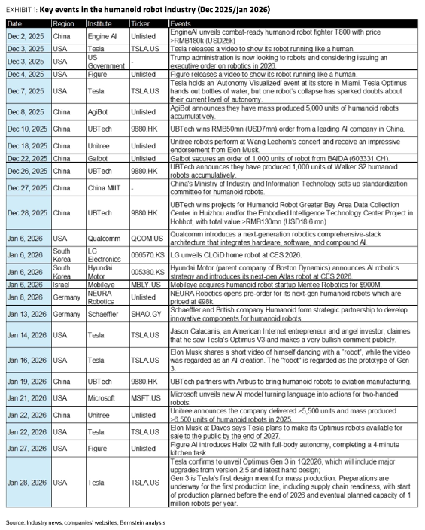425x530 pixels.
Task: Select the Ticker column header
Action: [x=140, y=23]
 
